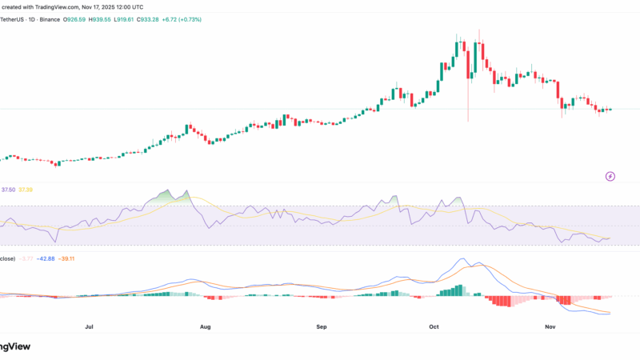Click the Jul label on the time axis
coord(89,327)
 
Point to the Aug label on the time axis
coord(205,327)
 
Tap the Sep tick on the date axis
coord(321,327)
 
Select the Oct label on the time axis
coord(434,327)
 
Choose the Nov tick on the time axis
coord(550,327)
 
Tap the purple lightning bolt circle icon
coord(610,176)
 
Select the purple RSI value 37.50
coord(9,190)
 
